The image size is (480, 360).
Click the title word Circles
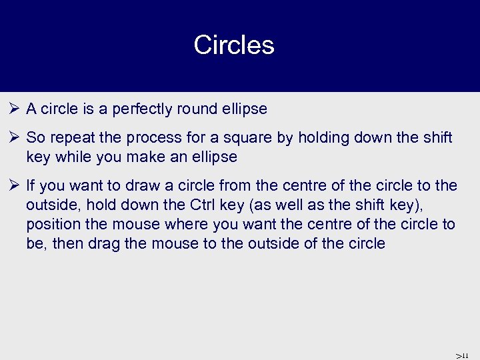tap(234, 45)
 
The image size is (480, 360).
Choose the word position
tap(51, 224)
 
